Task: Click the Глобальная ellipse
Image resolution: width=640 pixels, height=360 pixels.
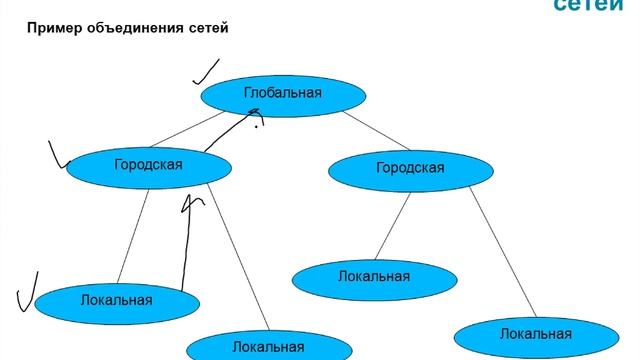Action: pos(281,94)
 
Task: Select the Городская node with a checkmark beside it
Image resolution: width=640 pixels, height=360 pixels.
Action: pos(148,165)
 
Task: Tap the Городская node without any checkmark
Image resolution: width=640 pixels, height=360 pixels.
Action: pos(410,168)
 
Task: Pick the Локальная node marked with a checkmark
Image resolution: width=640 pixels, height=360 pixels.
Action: pos(116,299)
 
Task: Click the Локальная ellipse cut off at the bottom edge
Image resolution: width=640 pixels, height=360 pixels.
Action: pos(267,345)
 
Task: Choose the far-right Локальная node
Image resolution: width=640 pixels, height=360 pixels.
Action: pos(535,333)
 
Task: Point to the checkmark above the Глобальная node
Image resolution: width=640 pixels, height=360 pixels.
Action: pos(206,70)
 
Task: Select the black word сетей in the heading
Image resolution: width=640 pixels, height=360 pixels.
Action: pos(206,28)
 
